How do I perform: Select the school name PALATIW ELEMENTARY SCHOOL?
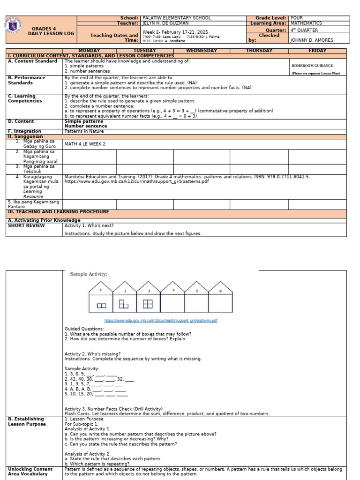176,18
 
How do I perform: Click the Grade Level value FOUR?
297,18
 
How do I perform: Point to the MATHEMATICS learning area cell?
306,23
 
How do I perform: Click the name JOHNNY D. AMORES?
312,40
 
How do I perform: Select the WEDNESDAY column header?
202,51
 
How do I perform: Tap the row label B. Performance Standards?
27,80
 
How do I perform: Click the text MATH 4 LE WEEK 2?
85,144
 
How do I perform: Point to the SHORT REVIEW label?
26,225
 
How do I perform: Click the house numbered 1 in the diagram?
101,297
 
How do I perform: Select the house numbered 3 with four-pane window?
148,297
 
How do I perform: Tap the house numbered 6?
220,297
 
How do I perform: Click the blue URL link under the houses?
160,321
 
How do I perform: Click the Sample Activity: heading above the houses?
89,274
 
